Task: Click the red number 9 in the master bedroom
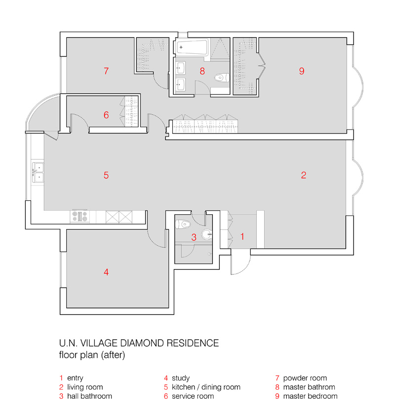click(x=302, y=71)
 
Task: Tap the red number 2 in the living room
click(x=304, y=175)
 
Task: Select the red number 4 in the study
click(x=106, y=272)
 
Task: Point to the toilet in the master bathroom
click(x=221, y=77)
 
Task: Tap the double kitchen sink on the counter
click(x=38, y=171)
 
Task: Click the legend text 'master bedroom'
click(x=310, y=396)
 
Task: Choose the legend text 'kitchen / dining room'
click(x=206, y=387)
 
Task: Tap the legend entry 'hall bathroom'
click(x=89, y=396)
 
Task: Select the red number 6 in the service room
click(x=106, y=115)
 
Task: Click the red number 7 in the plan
click(x=106, y=71)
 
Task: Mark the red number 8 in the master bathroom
click(x=202, y=71)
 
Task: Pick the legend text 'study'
click(x=180, y=378)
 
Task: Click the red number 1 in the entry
click(x=242, y=236)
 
